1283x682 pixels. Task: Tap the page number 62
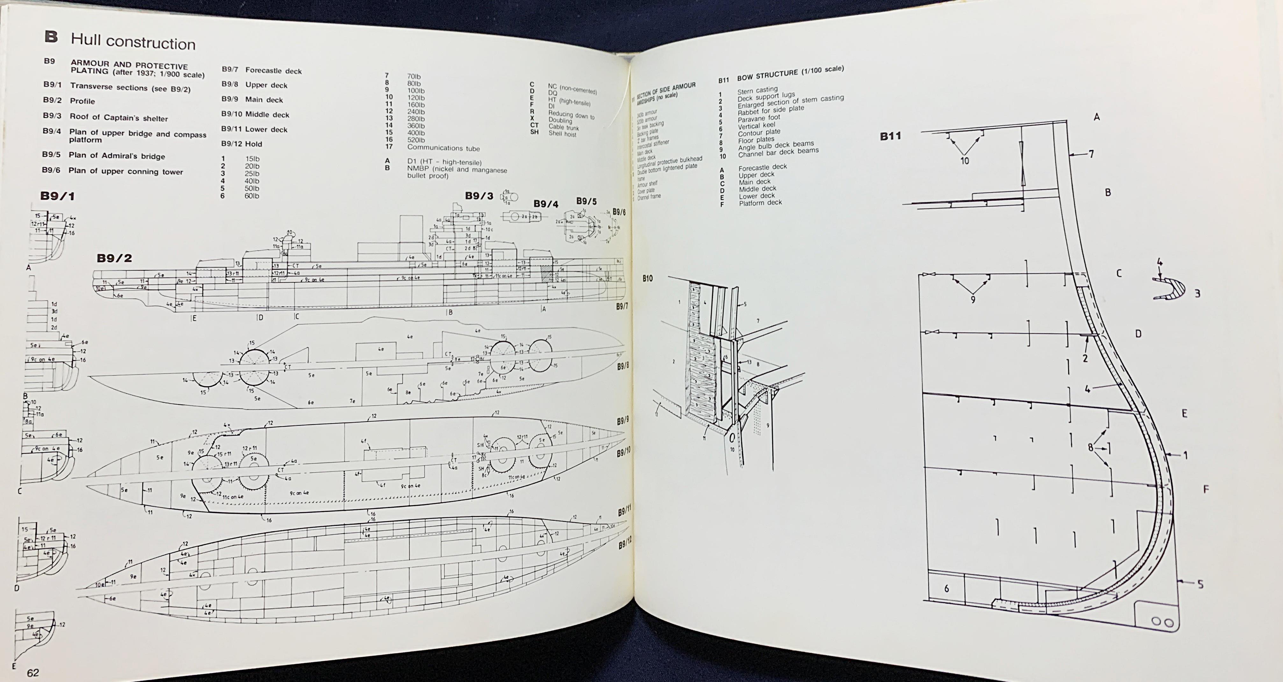point(33,672)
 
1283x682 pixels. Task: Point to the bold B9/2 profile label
point(114,258)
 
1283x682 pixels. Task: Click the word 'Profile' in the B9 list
point(82,101)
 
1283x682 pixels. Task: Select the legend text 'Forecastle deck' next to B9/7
point(273,71)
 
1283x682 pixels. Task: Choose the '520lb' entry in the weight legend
point(416,140)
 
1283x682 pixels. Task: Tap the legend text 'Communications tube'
point(443,148)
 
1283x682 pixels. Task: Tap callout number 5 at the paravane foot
point(1200,584)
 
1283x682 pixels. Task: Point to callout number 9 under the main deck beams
point(973,299)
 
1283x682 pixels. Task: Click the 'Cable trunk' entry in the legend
point(563,127)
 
